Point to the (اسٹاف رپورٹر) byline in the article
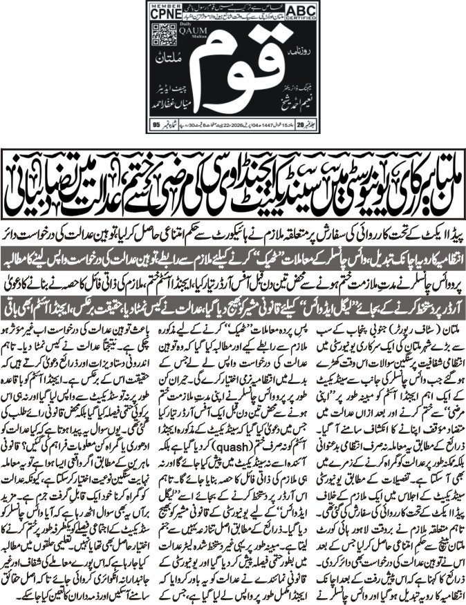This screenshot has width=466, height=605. point(415,323)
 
